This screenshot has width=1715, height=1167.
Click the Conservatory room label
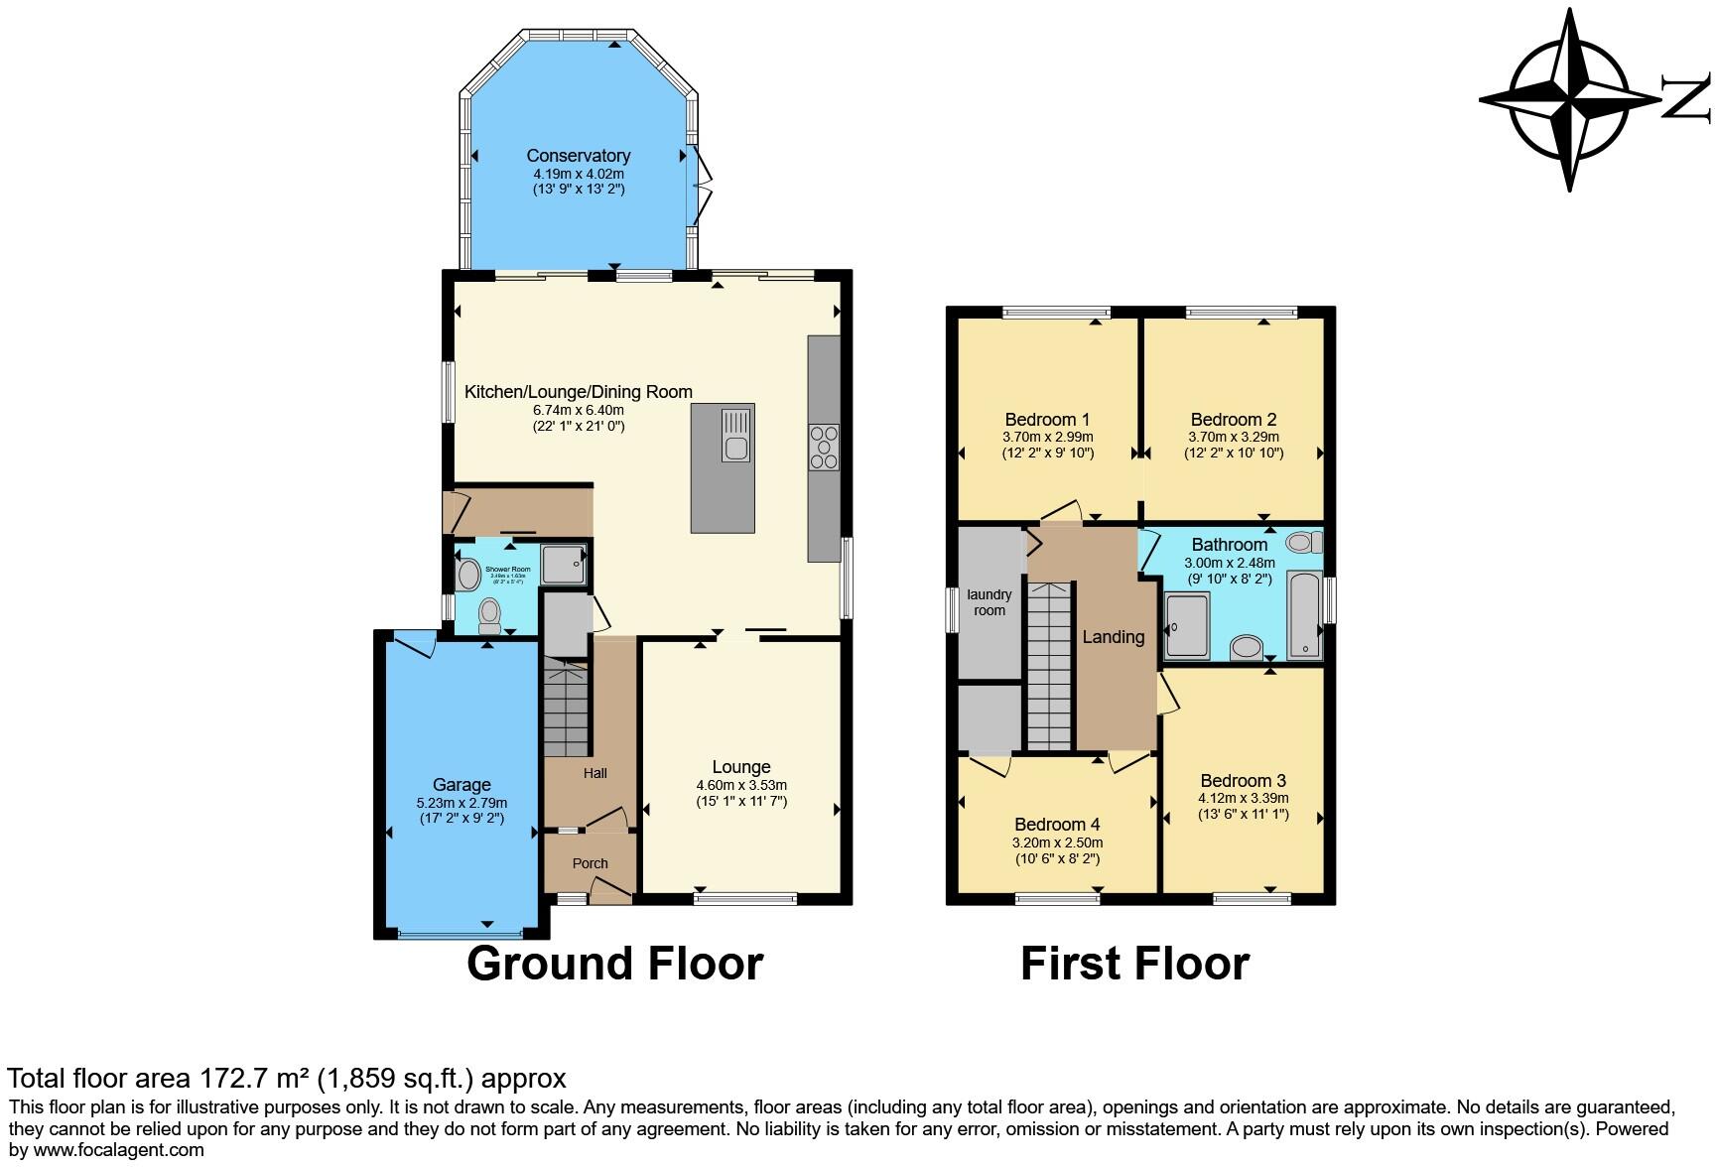[578, 156]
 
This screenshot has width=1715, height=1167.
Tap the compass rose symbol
[1569, 100]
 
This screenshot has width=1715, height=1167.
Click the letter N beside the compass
[1686, 99]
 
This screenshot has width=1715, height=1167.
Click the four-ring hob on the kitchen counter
[824, 447]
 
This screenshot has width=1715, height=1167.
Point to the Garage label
[462, 785]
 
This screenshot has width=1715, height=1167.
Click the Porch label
[590, 863]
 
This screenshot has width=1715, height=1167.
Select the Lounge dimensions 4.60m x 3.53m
[741, 785]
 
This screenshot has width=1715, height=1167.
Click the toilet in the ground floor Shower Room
[489, 615]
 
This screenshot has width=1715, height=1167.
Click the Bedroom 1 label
[1047, 419]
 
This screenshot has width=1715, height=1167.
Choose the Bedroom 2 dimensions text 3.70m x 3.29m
[1234, 437]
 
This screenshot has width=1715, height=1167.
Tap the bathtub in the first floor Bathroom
[1304, 614]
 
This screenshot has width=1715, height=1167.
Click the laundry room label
[989, 602]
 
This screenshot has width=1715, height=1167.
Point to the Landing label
[1113, 637]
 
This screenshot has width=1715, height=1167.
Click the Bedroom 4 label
[1056, 825]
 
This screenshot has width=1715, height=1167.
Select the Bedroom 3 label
[1243, 780]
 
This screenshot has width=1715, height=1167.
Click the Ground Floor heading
[614, 964]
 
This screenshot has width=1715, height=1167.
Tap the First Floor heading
[1134, 964]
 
